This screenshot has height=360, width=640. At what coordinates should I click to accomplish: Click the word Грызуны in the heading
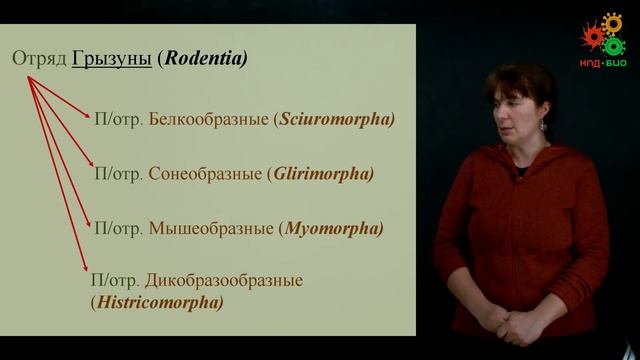point(112,59)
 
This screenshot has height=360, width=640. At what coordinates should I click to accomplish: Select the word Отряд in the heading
point(39,59)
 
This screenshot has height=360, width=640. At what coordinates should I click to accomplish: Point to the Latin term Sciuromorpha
point(336,119)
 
